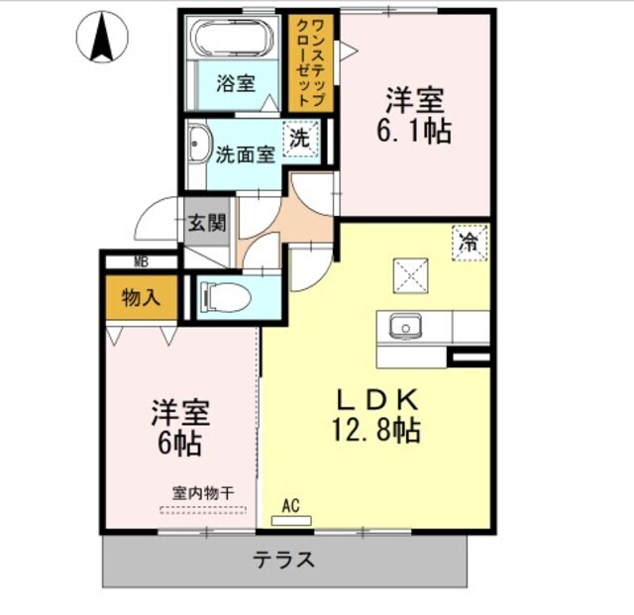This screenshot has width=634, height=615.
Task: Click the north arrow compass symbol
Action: coord(102,37)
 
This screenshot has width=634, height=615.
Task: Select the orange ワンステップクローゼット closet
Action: coord(311,61)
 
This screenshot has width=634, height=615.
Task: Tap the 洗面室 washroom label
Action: coord(245,155)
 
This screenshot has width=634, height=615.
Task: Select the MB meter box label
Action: coord(142,261)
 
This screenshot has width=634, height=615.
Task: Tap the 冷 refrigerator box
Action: coord(470,242)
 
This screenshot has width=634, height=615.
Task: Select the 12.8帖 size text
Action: coord(380,431)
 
